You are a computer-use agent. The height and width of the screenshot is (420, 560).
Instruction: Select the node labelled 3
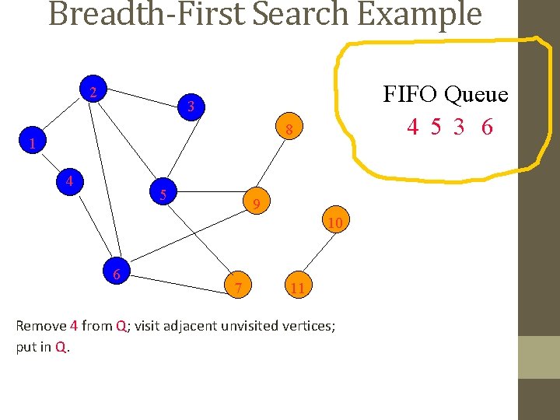point(191,106)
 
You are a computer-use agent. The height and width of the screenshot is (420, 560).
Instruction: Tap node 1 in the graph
point(32,143)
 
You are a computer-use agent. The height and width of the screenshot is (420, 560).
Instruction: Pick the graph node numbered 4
point(70,181)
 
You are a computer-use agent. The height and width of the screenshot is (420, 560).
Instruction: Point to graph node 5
point(163,194)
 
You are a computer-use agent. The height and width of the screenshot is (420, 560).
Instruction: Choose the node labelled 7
point(239,289)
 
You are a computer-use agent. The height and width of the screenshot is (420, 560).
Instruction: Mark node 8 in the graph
point(289,130)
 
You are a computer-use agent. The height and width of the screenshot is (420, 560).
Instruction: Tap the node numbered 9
point(257,205)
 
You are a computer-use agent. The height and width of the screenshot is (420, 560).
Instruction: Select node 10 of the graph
point(335,224)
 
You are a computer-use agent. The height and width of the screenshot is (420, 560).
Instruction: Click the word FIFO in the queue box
point(411,95)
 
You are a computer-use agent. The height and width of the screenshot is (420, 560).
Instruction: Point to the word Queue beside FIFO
point(476,96)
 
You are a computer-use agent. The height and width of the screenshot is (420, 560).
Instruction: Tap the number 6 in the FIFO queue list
point(487,127)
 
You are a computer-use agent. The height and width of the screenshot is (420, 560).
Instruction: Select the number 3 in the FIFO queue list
point(460,127)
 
